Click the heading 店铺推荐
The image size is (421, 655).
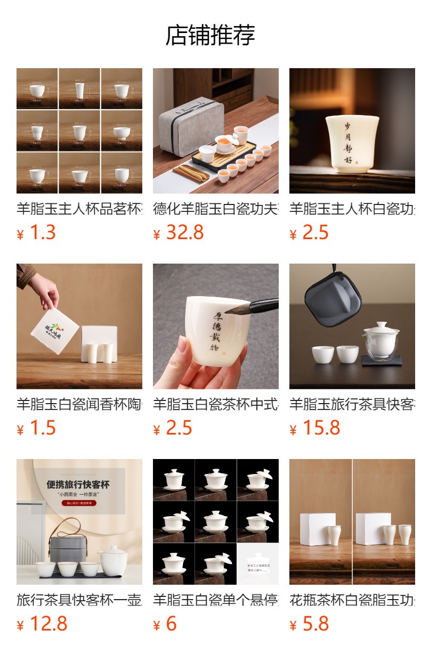(210, 35)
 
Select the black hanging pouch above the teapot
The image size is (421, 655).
(333, 299)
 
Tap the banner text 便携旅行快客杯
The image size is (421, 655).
(78, 485)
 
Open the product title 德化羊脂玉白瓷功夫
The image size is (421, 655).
(215, 209)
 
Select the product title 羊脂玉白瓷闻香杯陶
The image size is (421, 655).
(79, 404)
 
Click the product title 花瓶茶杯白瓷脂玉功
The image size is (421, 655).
(352, 600)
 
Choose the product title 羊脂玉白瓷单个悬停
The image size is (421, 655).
(215, 600)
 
